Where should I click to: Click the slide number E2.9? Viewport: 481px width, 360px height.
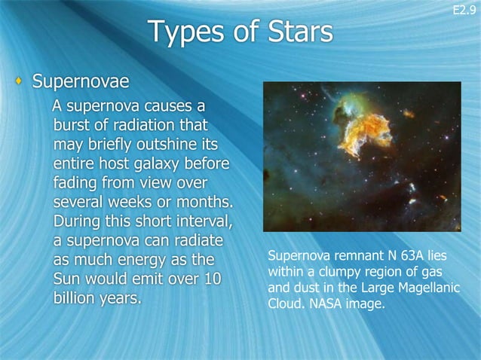(x=464, y=10)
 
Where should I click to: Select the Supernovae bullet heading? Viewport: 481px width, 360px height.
(x=81, y=81)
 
